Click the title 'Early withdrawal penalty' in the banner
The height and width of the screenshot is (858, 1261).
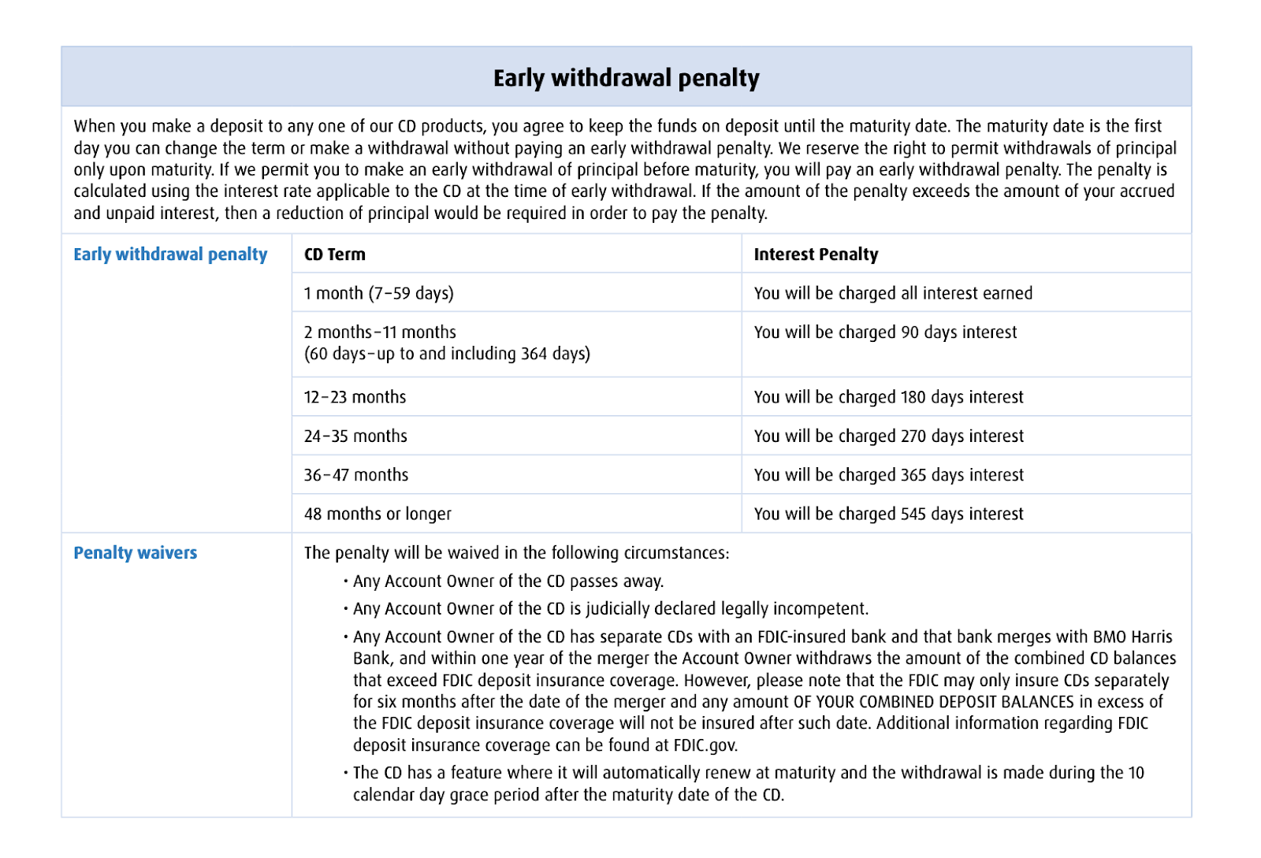pyautogui.click(x=626, y=78)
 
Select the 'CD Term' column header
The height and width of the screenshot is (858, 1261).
pyautogui.click(x=335, y=254)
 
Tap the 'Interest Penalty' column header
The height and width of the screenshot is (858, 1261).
pyautogui.click(x=816, y=254)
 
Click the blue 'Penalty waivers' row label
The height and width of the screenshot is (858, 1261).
pyautogui.click(x=136, y=553)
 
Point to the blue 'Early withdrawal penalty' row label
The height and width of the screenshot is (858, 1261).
pyautogui.click(x=170, y=254)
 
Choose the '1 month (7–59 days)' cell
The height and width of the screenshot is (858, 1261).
pyautogui.click(x=379, y=293)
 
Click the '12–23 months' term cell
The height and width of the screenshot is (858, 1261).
pyautogui.click(x=355, y=397)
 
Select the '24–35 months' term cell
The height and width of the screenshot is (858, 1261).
pyautogui.click(x=355, y=436)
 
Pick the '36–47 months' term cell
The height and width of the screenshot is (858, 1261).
pyautogui.click(x=356, y=475)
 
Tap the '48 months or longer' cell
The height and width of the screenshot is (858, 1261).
pyautogui.click(x=378, y=514)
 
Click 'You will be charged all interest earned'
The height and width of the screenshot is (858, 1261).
pyautogui.click(x=893, y=293)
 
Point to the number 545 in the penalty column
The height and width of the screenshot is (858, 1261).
pyautogui.click(x=913, y=514)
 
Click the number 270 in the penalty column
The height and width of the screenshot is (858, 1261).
pyautogui.click(x=913, y=436)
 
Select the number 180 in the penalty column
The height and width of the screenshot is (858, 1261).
pyautogui.click(x=913, y=397)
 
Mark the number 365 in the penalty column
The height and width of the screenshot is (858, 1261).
pyautogui.click(x=913, y=475)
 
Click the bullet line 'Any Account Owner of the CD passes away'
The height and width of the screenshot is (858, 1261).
pyautogui.click(x=508, y=581)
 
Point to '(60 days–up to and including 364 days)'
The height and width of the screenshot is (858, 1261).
pyautogui.click(x=447, y=354)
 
